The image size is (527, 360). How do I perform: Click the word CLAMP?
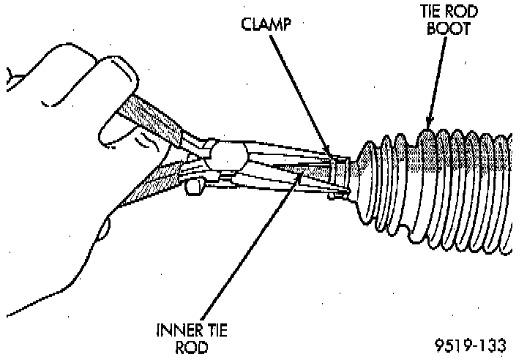(x=265, y=23)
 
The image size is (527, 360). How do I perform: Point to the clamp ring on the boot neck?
(x=339, y=175)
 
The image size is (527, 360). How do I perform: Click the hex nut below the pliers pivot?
(x=195, y=187)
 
